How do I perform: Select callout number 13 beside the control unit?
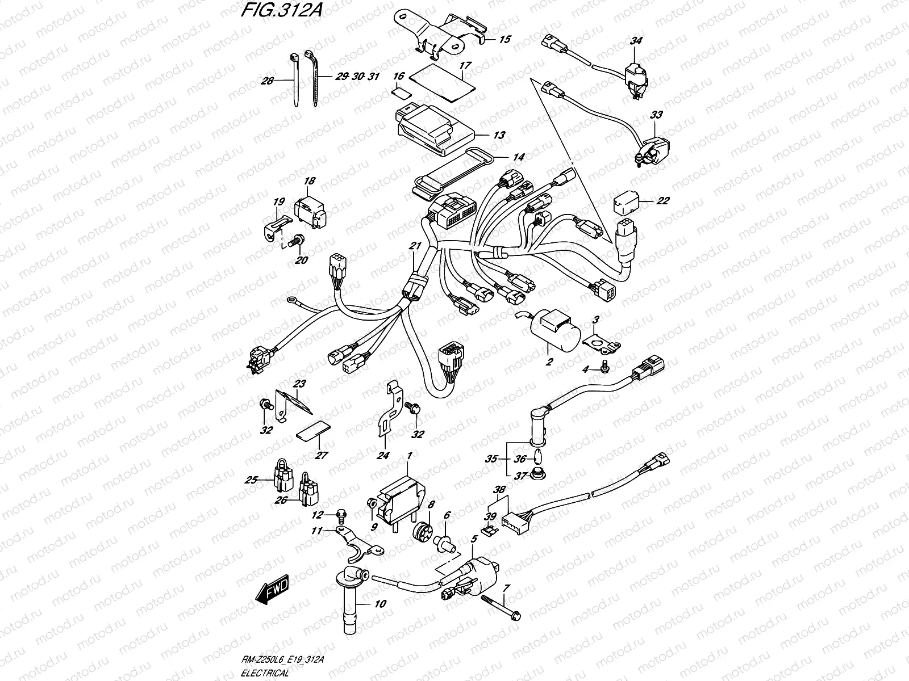coord(499,136)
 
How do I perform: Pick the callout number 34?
coord(636,41)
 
